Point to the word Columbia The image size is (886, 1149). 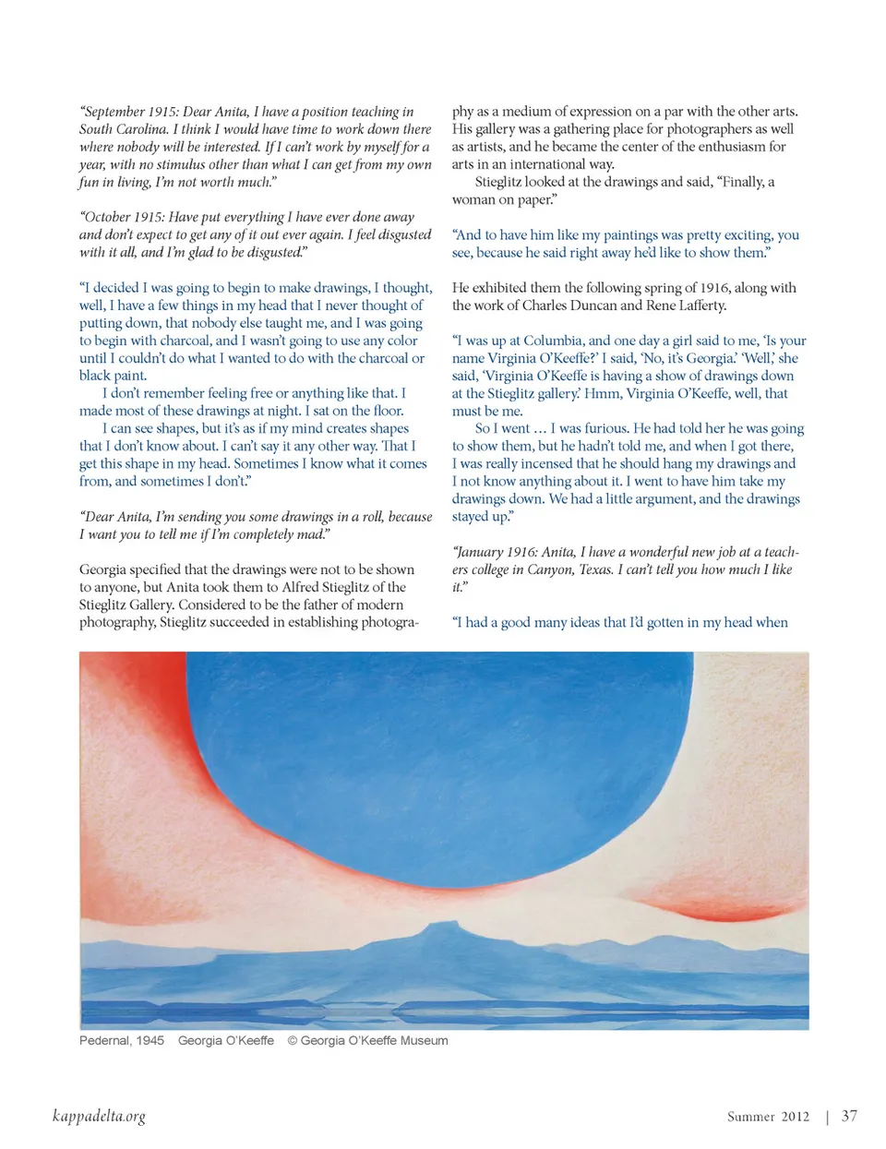point(553,341)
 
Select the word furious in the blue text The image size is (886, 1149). point(606,428)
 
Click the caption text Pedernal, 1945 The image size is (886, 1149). point(122,1040)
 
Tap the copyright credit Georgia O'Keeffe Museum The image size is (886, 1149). point(374,1040)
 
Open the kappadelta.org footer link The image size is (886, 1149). point(99,1117)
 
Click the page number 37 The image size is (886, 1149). point(849,1116)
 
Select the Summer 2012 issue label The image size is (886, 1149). point(768,1117)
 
